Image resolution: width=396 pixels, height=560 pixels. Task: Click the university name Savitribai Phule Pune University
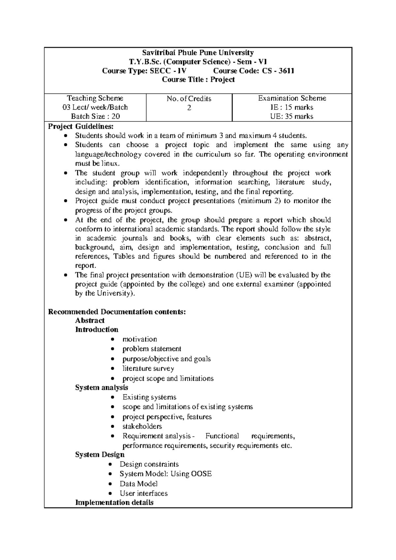198,52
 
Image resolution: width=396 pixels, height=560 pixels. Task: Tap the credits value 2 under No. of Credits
189,108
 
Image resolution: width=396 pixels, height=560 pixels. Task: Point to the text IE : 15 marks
292,107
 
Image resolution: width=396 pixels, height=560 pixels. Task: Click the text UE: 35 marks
292,116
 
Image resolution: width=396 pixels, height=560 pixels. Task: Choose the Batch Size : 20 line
95,116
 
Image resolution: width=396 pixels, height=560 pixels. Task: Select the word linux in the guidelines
110,163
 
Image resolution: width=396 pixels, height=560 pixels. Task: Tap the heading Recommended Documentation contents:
117,312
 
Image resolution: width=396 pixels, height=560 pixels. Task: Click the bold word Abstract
90,320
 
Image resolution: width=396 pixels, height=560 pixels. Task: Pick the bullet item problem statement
152,349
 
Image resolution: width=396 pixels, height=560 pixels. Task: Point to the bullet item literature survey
148,368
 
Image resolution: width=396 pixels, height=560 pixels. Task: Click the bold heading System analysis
101,387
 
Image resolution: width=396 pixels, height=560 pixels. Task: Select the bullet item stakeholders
142,426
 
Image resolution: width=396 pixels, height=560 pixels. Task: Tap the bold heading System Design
100,455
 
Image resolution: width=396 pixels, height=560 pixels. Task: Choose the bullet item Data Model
139,484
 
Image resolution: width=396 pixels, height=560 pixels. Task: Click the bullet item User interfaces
144,493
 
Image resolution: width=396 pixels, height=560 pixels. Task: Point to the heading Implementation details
114,503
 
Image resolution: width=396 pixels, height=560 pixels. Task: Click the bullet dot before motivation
113,339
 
